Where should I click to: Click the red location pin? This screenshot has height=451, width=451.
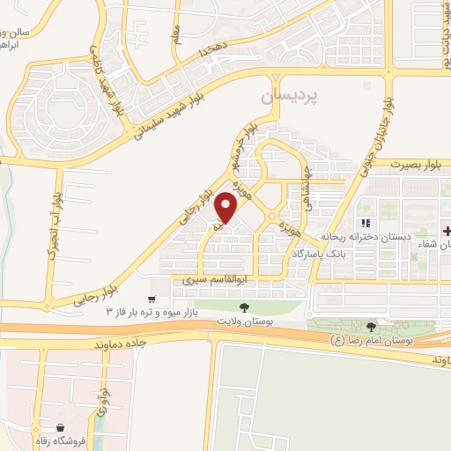click(x=226, y=206)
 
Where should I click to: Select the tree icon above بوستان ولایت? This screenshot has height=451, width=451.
click(x=244, y=307)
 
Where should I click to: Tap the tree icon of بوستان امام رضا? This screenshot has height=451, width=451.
click(x=372, y=326)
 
